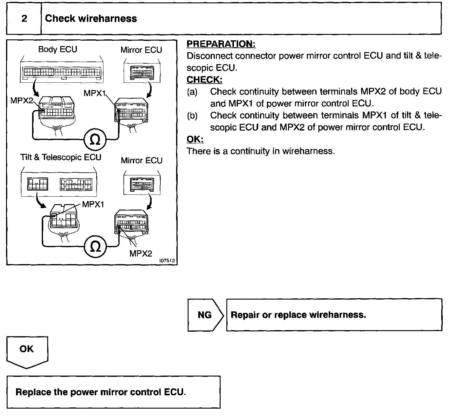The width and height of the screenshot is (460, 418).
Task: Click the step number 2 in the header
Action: pyautogui.click(x=24, y=19)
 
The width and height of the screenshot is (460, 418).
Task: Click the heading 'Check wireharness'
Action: pyautogui.click(x=91, y=19)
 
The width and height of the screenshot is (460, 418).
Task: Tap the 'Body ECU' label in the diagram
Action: pyautogui.click(x=57, y=49)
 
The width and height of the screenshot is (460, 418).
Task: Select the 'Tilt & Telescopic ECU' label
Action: pyautogui.click(x=61, y=157)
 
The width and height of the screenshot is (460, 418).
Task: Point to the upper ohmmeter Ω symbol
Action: pyautogui.click(x=95, y=140)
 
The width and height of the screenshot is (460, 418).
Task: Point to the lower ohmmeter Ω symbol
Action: pyautogui.click(x=95, y=247)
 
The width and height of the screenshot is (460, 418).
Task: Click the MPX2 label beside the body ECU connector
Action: pyautogui.click(x=21, y=101)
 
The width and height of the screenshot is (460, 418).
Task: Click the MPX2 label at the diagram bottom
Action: pyautogui.click(x=141, y=254)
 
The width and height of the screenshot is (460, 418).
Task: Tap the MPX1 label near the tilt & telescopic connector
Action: pyautogui.click(x=93, y=204)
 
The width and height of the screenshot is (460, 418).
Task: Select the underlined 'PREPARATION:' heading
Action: pyautogui.click(x=221, y=44)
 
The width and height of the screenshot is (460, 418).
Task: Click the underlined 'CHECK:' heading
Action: pyautogui.click(x=204, y=80)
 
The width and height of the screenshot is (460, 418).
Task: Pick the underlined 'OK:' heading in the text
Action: pyautogui.click(x=195, y=139)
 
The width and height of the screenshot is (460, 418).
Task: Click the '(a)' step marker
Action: pyautogui.click(x=192, y=91)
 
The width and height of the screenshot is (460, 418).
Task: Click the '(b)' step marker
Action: pyautogui.click(x=192, y=115)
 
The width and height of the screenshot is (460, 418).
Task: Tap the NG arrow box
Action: pyautogui.click(x=205, y=315)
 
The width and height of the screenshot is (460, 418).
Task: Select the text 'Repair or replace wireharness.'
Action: pyautogui.click(x=298, y=315)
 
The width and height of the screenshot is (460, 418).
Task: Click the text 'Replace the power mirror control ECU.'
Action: pyautogui.click(x=100, y=392)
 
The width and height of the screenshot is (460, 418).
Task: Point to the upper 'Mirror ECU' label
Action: pyautogui.click(x=141, y=50)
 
